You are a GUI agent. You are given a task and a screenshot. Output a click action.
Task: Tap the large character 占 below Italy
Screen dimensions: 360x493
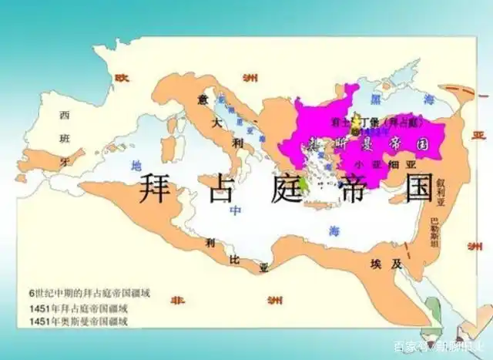point(225,187)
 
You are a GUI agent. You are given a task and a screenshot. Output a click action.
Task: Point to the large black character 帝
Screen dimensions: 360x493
point(360,187)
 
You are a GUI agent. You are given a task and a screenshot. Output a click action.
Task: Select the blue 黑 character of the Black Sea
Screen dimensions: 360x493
point(376,101)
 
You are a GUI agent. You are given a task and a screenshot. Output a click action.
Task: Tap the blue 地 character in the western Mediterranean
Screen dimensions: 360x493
point(136,164)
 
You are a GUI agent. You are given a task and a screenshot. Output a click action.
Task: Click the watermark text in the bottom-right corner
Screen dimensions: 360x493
point(439,345)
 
